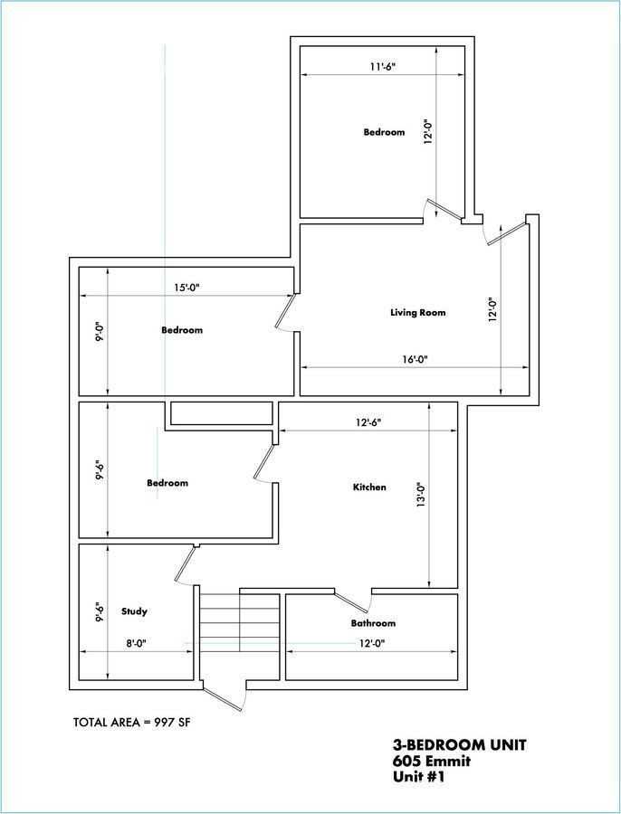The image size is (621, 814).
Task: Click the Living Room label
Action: pos(418,313)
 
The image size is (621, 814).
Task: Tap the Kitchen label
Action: pos(369,487)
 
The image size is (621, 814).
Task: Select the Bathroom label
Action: pos(373,623)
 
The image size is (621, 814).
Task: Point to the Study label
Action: pos(134,611)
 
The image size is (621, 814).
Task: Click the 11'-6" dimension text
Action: pos(383,66)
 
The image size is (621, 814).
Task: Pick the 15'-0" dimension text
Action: pos(186,287)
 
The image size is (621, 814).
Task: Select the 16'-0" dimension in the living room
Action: pos(415,359)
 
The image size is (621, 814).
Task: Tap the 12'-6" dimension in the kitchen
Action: pos(368,422)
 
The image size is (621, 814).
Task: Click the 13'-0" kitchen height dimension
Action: pos(421,495)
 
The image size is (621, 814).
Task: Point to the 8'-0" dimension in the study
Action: pos(135,643)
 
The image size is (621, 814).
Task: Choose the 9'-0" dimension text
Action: pos(100,332)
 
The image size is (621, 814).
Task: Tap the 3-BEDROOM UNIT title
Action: pos(459,745)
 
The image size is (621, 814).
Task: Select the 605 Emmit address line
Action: pos(431,762)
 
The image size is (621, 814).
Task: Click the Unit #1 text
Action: pos(419,777)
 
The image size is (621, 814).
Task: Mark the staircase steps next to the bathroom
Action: pos(240,622)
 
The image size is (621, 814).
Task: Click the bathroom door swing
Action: pos(353,601)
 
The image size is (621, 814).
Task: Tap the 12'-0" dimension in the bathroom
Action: pos(371,643)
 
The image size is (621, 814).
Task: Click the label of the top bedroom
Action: pos(384,132)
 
